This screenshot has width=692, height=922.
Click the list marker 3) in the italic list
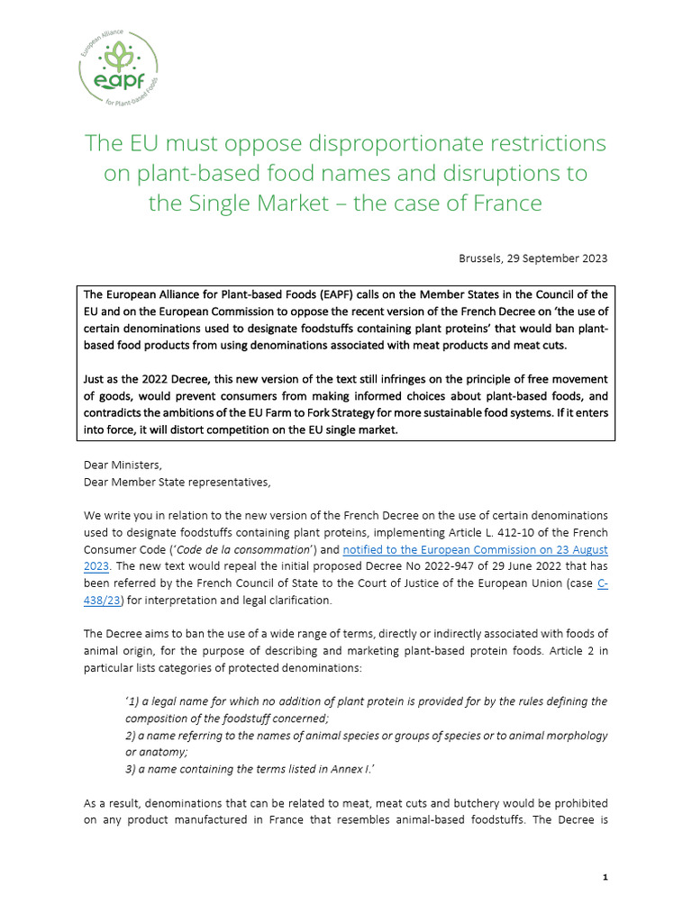point(132,769)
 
